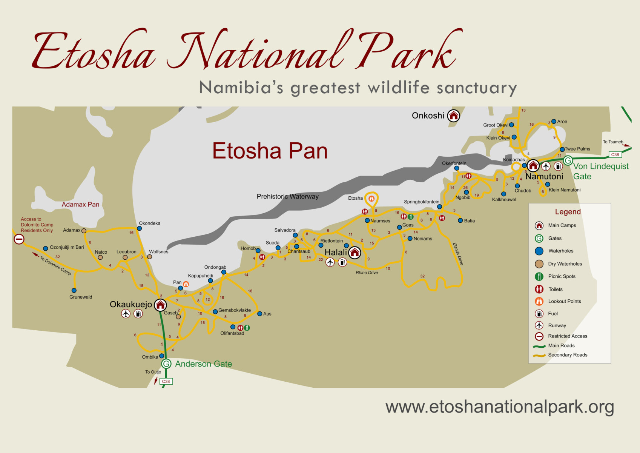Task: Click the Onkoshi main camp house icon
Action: point(453,116)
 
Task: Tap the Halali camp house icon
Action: point(355,253)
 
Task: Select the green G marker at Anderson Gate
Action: point(166,364)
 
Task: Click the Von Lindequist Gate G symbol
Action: point(568,160)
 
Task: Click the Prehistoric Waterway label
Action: point(287,196)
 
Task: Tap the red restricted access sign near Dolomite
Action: point(19,239)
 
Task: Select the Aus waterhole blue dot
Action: point(260,314)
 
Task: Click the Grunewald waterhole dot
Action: point(74,290)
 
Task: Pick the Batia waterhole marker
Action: point(460,220)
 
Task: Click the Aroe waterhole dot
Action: point(554,121)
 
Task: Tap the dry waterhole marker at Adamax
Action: point(84,231)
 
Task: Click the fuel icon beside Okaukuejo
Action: point(138,314)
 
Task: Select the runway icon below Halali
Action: point(330,262)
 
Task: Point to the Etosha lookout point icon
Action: point(371,198)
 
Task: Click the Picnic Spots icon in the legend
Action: point(539,276)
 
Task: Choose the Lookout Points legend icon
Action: point(539,301)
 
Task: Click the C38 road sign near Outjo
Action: point(166,381)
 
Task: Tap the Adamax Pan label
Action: point(81,205)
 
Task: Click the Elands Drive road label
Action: point(458,254)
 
